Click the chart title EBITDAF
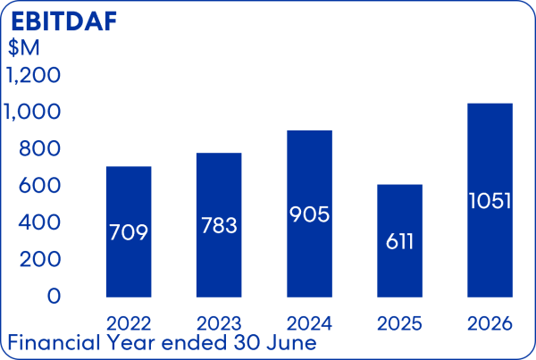(64, 21)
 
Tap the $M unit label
(24, 47)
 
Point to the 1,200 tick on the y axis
(34, 75)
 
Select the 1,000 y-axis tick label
(32, 112)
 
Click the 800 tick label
(39, 148)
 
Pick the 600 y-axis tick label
(39, 186)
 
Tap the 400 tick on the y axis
(39, 222)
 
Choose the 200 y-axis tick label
(40, 259)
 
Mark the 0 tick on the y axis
(54, 296)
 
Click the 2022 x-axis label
(129, 323)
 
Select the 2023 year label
(219, 323)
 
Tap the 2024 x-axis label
(309, 323)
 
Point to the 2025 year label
(399, 323)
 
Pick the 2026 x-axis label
(490, 323)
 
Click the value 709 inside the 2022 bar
(129, 232)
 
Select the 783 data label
(219, 226)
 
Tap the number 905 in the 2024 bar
(309, 214)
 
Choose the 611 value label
(399, 242)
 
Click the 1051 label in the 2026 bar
(490, 201)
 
